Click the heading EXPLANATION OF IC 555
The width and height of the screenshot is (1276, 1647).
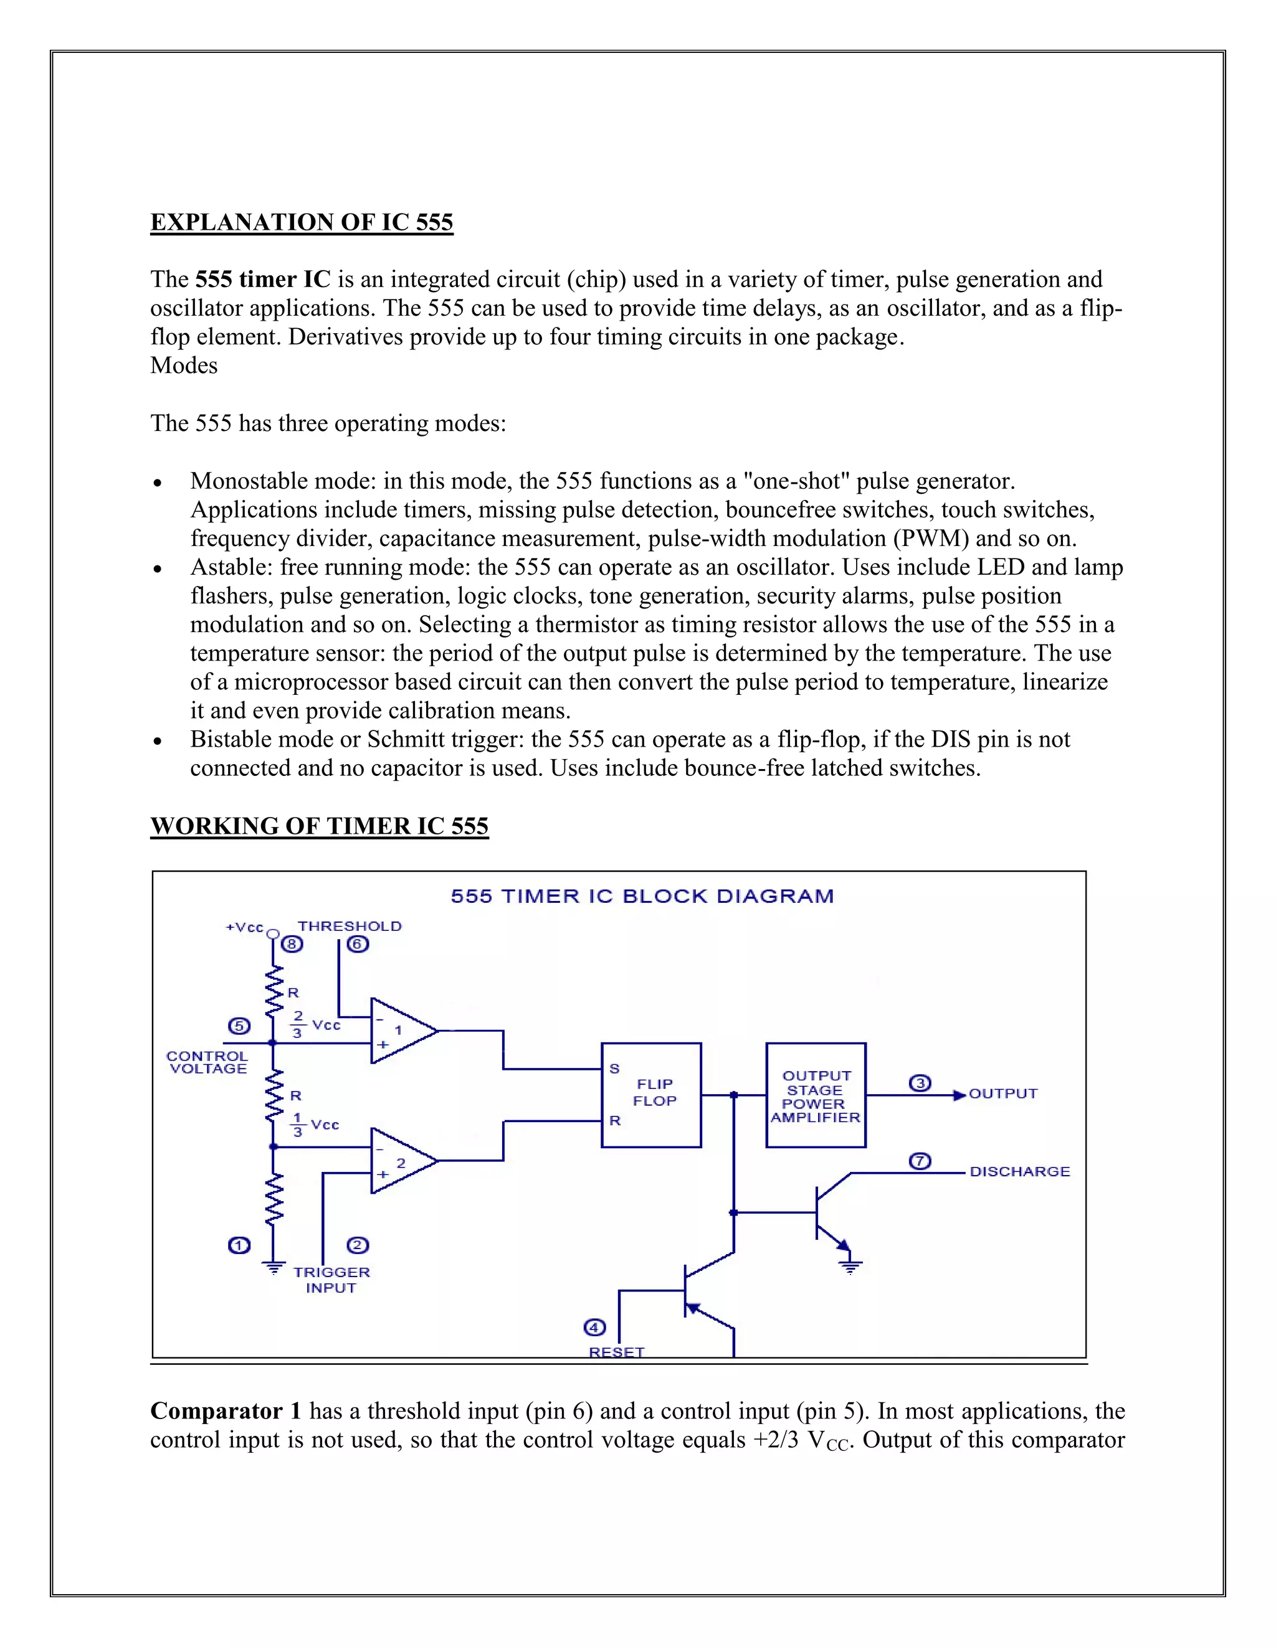coord(301,222)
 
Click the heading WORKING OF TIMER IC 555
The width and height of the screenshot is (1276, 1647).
coord(319,826)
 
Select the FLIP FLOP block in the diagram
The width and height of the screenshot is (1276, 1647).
coord(650,1094)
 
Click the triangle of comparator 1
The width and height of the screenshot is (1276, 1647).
coord(399,1031)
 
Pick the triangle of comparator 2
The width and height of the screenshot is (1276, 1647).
coord(399,1161)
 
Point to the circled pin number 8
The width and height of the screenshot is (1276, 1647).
coord(292,944)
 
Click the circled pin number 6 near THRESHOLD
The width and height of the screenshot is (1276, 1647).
coord(358,944)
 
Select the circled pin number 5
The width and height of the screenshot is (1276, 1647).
coord(239,1026)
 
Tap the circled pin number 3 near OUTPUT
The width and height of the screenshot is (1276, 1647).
coord(919,1083)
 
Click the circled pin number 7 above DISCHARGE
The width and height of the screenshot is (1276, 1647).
coord(919,1161)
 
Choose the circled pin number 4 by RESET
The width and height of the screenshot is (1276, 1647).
coord(594,1328)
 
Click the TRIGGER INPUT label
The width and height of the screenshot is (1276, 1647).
coord(331,1280)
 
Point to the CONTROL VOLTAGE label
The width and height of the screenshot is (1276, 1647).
coord(207,1062)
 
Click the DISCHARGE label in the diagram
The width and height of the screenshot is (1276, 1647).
coord(1019,1172)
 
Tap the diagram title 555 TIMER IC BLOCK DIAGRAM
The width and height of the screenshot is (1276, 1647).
coord(642,897)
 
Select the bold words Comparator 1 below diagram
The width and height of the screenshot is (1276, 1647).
coord(226,1411)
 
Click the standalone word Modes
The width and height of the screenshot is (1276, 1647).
coord(184,366)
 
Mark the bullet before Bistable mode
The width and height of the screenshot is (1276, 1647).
coord(157,741)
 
